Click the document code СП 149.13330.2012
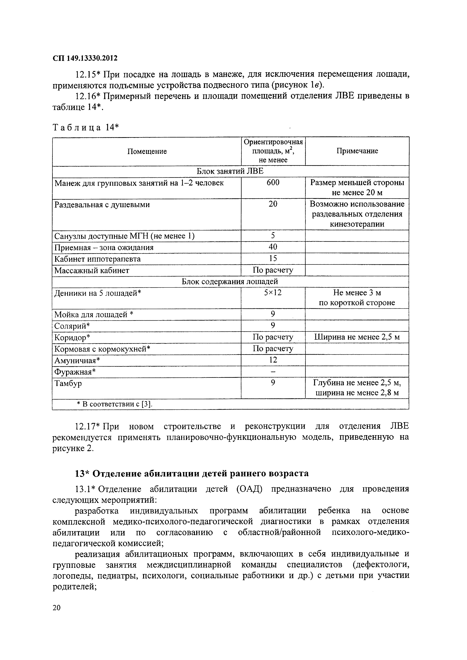click(x=85, y=58)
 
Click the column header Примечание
click(x=357, y=151)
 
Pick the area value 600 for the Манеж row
click(x=273, y=182)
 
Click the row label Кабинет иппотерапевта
click(x=98, y=259)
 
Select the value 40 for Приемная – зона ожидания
click(x=273, y=247)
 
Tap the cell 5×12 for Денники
click(x=273, y=293)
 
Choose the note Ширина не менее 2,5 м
click(x=357, y=337)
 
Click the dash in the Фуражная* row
click(x=273, y=372)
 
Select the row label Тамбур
click(x=68, y=383)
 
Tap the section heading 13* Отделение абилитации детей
click(x=192, y=473)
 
